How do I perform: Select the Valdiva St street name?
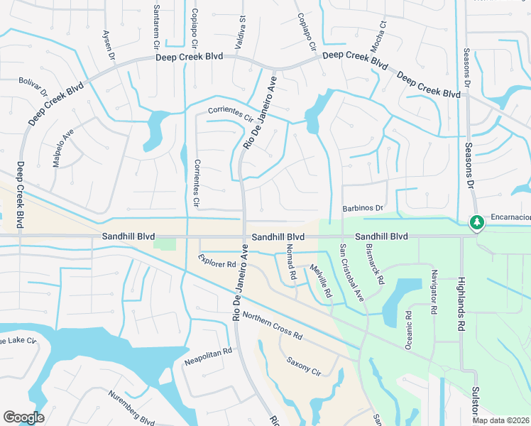(242, 28)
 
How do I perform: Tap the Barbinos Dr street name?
(363, 208)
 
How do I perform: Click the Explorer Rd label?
(217, 261)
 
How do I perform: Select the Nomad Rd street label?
(290, 261)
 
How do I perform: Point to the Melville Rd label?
(320, 280)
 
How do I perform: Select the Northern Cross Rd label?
(273, 325)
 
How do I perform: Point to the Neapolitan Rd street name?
(208, 356)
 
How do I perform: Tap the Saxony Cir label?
(305, 366)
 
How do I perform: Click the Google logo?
(25, 417)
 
